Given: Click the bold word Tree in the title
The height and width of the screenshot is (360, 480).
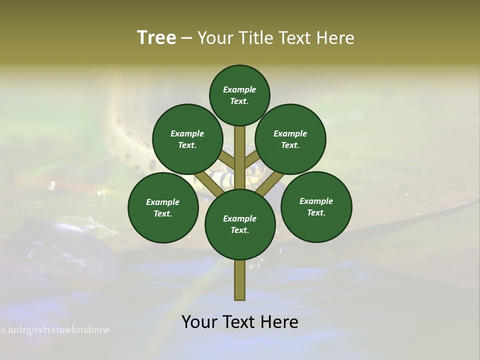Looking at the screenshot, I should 156,37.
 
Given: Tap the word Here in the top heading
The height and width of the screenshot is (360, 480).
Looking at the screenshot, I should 335,38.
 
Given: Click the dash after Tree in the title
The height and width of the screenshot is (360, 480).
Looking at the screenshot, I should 187,38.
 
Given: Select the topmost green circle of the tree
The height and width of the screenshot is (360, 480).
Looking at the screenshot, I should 239,95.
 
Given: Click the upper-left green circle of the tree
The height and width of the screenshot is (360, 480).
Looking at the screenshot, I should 187,139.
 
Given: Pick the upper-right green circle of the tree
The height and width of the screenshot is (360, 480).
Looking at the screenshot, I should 290,139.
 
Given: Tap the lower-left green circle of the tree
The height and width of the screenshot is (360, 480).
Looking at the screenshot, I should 163,207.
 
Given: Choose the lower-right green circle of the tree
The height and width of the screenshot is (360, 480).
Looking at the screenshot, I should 316,206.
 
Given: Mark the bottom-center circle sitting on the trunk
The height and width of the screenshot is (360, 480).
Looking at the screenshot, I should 240,224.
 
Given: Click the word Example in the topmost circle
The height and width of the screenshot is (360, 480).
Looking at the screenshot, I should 239,89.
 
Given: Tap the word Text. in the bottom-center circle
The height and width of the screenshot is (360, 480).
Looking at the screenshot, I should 239,230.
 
